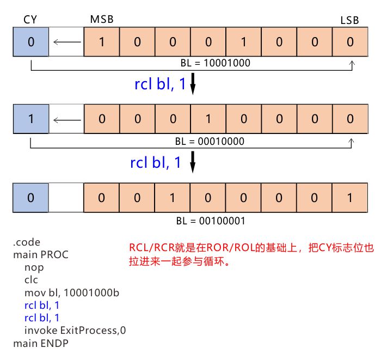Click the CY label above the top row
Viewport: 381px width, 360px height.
30,20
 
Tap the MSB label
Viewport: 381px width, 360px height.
102,20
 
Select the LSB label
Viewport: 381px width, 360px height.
350,20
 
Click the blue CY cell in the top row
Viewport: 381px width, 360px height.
30,41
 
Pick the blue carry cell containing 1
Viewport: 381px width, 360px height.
30,119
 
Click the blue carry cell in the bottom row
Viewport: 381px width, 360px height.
30,197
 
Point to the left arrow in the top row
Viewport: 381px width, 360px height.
66,41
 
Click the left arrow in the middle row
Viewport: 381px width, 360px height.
66,119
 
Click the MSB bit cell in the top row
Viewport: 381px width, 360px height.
101,41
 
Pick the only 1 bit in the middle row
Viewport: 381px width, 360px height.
208,119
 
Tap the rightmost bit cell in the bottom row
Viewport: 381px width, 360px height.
349,197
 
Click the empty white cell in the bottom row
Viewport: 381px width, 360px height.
66,197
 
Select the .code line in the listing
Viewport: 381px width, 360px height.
27,242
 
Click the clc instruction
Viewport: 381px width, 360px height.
31,280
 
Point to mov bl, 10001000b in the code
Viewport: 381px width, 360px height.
71,292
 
